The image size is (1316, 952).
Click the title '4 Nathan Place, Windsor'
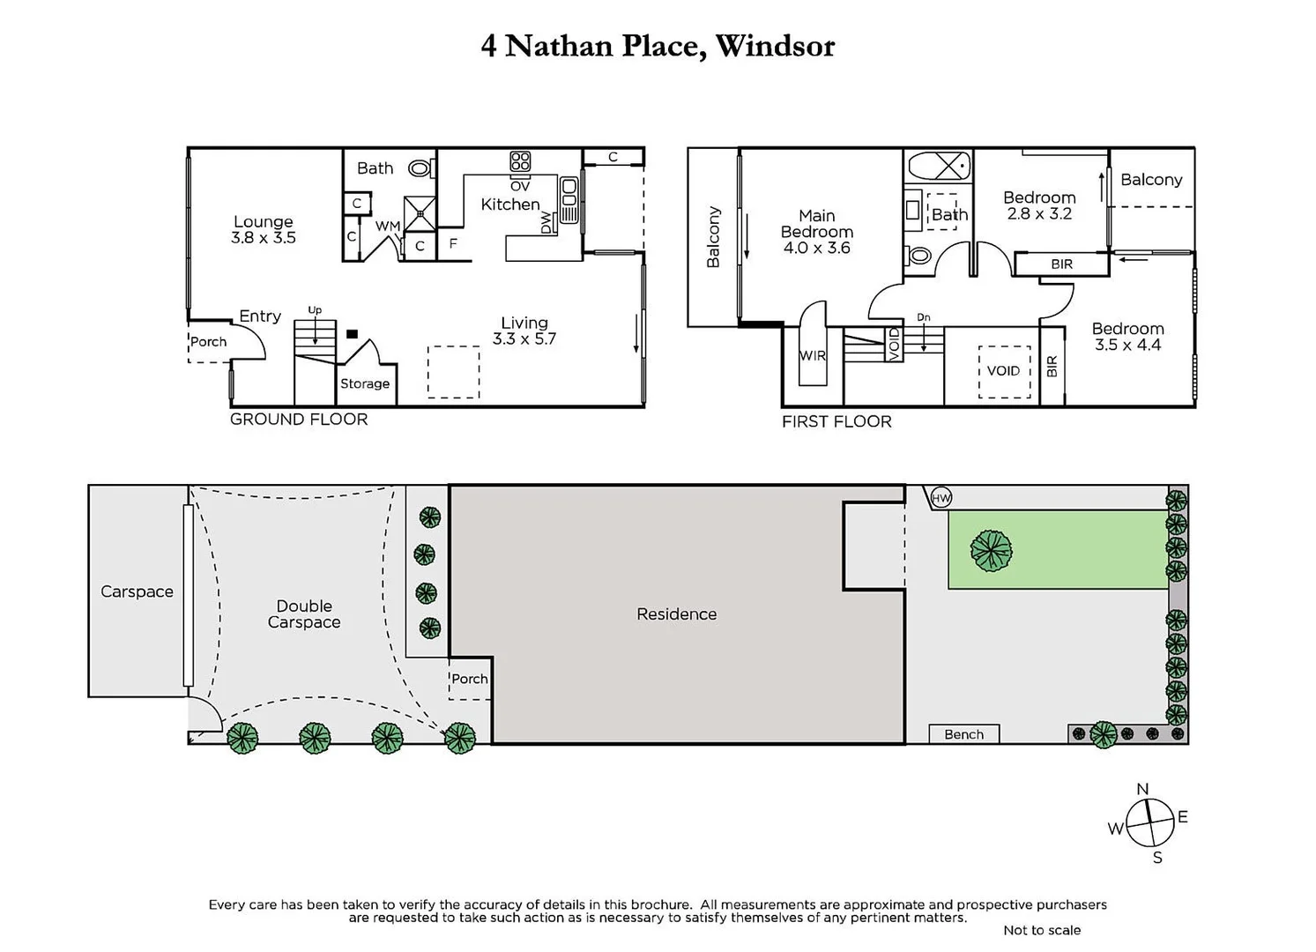(658, 46)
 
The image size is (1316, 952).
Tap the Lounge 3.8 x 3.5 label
(263, 229)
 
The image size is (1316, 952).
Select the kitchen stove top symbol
(520, 161)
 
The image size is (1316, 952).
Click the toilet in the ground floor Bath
(421, 167)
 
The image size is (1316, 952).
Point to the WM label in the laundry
(388, 227)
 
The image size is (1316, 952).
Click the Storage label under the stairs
(365, 383)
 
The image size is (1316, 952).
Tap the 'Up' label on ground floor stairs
(315, 310)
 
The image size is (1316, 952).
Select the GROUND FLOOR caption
(299, 420)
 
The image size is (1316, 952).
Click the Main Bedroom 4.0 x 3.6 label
(817, 232)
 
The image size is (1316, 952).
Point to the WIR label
(812, 356)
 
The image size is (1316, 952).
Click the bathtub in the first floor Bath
(939, 166)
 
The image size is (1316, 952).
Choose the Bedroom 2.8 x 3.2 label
(1039, 205)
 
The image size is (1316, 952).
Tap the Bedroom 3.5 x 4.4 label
(1127, 337)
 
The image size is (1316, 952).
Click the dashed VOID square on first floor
(1004, 371)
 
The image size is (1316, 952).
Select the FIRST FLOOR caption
(836, 422)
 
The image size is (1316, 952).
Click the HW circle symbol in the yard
(941, 498)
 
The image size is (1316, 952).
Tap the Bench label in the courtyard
(963, 734)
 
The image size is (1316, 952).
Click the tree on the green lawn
(991, 551)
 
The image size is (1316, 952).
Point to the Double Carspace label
(304, 614)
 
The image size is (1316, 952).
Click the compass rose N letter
(1142, 789)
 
